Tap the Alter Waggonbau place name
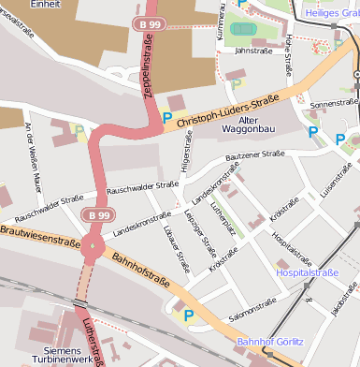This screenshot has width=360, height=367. point(250,126)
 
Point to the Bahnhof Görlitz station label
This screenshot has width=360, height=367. point(271,343)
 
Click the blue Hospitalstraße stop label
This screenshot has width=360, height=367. point(307,272)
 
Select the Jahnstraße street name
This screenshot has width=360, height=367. point(253,51)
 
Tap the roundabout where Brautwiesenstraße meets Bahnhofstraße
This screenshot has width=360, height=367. point(92,249)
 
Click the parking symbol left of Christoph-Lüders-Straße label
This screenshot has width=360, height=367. point(167,119)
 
